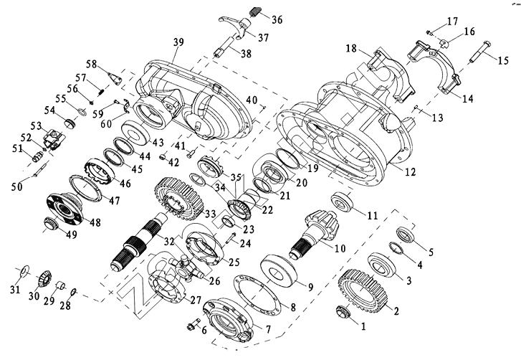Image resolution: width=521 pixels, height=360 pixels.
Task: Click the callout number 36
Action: pos(277,19)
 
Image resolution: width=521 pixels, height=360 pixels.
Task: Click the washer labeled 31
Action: pos(24,269)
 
